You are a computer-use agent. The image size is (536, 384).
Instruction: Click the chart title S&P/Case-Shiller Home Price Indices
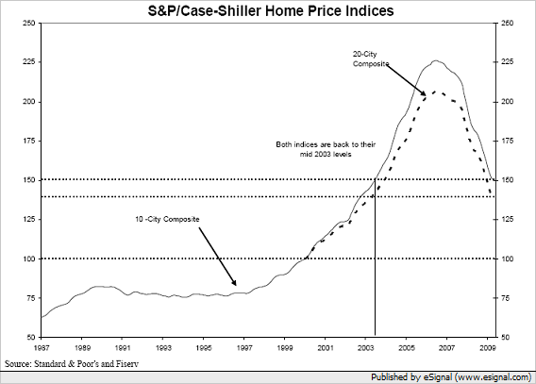point(271,10)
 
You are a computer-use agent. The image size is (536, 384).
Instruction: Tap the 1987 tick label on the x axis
point(42,348)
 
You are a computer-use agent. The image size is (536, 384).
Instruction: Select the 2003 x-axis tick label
point(365,348)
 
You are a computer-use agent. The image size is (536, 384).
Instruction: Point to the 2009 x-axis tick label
point(488,348)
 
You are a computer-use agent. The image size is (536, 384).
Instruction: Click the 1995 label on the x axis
point(204,348)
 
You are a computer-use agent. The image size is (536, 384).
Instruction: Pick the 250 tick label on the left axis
point(29,24)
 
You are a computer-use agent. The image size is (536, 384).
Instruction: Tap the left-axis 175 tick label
point(29,141)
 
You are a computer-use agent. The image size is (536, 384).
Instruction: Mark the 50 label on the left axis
point(31,337)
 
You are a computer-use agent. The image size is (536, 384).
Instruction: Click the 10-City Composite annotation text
point(167,219)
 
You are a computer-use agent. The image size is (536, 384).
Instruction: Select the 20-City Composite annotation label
point(371,58)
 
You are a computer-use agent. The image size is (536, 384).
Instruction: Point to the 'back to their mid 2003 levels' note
point(326,149)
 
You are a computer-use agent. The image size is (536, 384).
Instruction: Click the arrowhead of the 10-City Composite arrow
point(234,282)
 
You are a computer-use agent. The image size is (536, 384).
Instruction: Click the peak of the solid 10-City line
point(435,60)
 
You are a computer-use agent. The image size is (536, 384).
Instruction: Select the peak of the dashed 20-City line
point(435,92)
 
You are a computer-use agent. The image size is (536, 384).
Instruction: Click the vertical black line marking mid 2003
point(375,257)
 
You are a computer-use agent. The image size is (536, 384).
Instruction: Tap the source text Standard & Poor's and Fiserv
point(72,363)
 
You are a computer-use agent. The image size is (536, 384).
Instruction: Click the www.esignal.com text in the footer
point(493,377)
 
